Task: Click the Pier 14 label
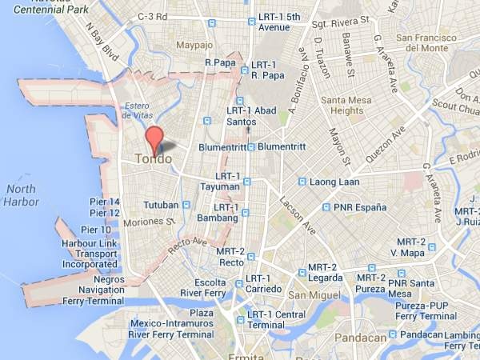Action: coord(105,202)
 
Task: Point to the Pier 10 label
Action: coord(96,230)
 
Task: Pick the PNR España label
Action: coord(360,207)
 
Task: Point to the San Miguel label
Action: coord(308,296)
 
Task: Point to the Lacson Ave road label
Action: coord(297,215)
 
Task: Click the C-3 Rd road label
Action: coord(152,17)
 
